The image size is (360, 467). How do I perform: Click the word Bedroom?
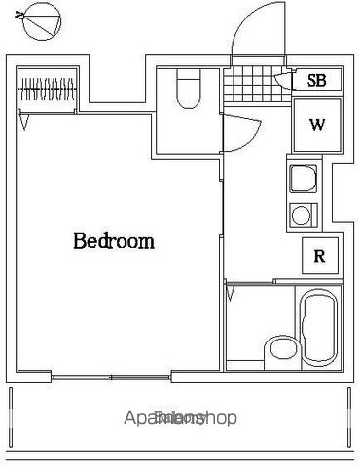114,241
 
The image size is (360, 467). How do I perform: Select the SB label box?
316,81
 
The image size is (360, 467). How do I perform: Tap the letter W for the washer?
317,125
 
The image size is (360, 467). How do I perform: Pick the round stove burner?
302,215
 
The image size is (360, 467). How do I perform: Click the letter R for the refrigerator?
318,257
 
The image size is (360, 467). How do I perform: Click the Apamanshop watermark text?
180,419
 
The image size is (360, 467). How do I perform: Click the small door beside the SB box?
284,82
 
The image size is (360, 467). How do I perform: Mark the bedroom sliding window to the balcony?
113,376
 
